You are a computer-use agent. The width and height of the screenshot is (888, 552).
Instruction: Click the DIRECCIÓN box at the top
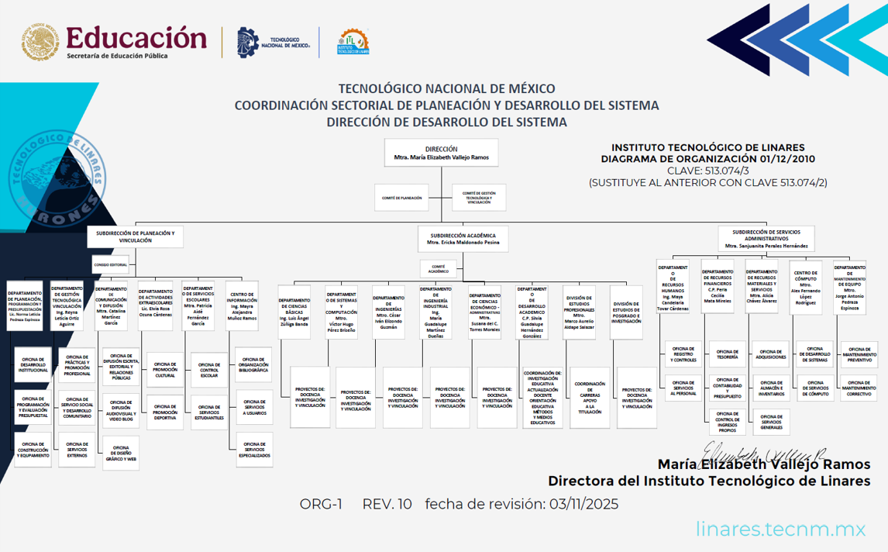pos(441,153)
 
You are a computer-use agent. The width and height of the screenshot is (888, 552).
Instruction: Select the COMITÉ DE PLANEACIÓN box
pos(401,198)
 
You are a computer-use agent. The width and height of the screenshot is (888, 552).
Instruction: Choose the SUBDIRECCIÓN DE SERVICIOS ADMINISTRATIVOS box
pos(766,238)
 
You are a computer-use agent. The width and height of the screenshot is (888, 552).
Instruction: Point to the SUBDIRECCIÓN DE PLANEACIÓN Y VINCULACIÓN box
pos(135,236)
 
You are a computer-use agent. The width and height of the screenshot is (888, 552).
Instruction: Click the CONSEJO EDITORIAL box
pos(111,264)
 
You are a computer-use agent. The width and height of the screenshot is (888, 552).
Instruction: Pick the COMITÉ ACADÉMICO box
pos(438,269)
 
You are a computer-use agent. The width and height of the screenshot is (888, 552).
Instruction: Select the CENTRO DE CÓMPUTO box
pos(806,287)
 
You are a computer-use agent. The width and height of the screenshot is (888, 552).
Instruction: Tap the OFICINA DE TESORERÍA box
pos(727,355)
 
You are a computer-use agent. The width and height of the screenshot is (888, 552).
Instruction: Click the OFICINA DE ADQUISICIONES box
pos(771,355)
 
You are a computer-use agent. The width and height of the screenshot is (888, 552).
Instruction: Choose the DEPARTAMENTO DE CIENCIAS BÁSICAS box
pos(294,312)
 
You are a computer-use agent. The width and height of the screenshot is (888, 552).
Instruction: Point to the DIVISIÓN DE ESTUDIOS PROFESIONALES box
pos(580,312)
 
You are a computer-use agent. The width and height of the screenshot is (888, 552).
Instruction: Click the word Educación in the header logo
pos(136,37)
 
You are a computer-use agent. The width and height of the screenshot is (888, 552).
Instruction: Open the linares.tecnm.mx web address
pos(780,530)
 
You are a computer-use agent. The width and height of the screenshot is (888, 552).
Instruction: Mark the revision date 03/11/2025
pos(583,504)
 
